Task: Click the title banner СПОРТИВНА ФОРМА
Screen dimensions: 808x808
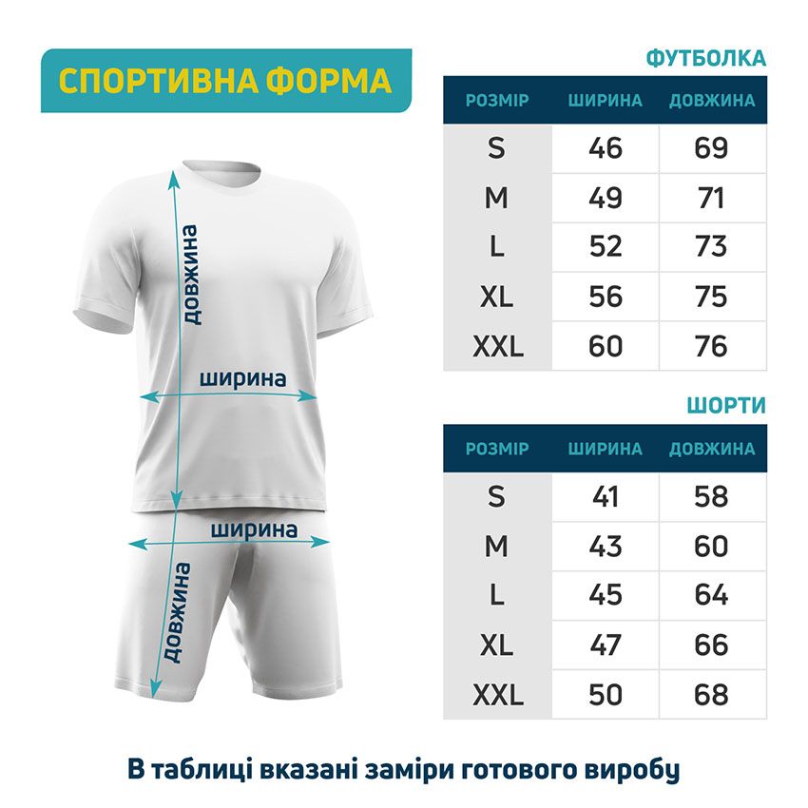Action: tap(225, 81)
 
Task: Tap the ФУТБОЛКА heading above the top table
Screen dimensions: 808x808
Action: tap(705, 58)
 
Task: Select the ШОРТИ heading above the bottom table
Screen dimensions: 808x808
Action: tap(726, 406)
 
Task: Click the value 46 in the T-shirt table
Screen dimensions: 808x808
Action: tap(606, 148)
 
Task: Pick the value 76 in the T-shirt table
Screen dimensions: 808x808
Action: tap(711, 346)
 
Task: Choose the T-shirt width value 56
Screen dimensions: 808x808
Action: tap(606, 297)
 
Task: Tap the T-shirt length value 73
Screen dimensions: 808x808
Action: tap(711, 247)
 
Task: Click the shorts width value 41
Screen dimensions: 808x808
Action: tap(606, 496)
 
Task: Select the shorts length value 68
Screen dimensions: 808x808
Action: tap(711, 695)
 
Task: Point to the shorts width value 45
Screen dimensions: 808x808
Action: tap(606, 596)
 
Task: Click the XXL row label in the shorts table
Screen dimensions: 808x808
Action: tap(497, 695)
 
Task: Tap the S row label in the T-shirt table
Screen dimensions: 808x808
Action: tap(497, 148)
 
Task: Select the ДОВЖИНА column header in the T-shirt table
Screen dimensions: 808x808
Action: tap(712, 101)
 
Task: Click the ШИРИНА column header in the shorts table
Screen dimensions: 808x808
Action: tap(606, 449)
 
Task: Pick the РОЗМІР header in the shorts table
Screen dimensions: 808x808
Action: tap(497, 449)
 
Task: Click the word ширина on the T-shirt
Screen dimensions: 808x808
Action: tap(243, 377)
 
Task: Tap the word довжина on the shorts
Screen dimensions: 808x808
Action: tap(177, 613)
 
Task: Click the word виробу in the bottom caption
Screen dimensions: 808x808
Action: tap(640, 769)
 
